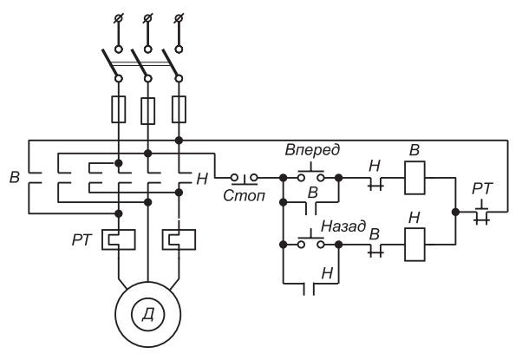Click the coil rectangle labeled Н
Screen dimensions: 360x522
[x=414, y=244]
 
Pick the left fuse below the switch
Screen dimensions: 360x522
[x=119, y=109]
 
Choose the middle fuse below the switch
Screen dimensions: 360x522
[x=148, y=109]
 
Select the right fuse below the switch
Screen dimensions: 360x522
[x=179, y=109]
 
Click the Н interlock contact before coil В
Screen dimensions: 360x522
[x=375, y=181]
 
